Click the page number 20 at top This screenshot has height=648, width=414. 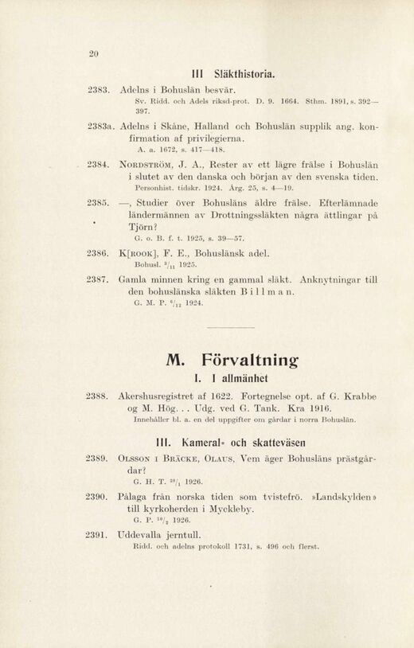(93, 54)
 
